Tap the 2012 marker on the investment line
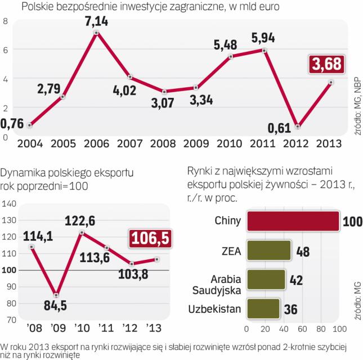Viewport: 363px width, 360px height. (x=297, y=126)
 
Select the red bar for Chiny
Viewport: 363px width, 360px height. (x=293, y=221)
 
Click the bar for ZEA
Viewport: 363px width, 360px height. (x=269, y=250)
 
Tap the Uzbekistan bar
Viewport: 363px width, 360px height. (x=263, y=309)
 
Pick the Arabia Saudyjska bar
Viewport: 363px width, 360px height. (x=266, y=280)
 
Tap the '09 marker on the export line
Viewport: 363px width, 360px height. (x=55, y=294)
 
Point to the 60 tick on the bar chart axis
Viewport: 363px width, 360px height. (x=302, y=329)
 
